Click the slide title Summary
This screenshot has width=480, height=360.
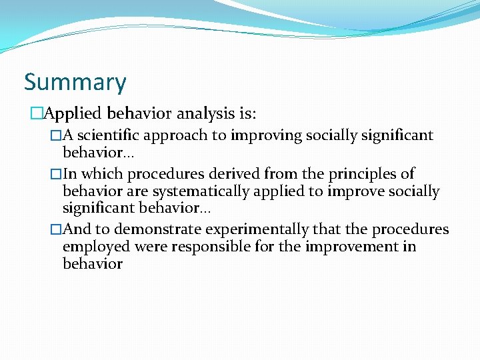pos(75,83)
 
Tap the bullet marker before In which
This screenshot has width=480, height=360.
pos(56,174)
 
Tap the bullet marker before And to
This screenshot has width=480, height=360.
pos(56,229)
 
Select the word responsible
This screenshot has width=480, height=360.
pos(210,247)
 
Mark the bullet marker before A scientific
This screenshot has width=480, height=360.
pos(56,136)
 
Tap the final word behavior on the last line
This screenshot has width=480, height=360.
pos(92,264)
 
